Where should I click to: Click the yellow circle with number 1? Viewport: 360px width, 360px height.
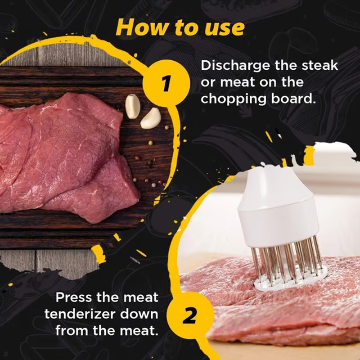(x=166, y=83)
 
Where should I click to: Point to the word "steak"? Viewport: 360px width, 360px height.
(x=319, y=65)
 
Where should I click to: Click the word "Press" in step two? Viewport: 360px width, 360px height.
(x=74, y=297)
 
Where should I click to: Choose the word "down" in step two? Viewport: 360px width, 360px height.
(x=139, y=314)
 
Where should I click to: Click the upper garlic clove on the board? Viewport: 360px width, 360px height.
(x=132, y=106)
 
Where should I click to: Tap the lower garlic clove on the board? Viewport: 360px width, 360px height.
(x=151, y=118)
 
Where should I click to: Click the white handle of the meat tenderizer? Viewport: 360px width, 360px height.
(x=278, y=208)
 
